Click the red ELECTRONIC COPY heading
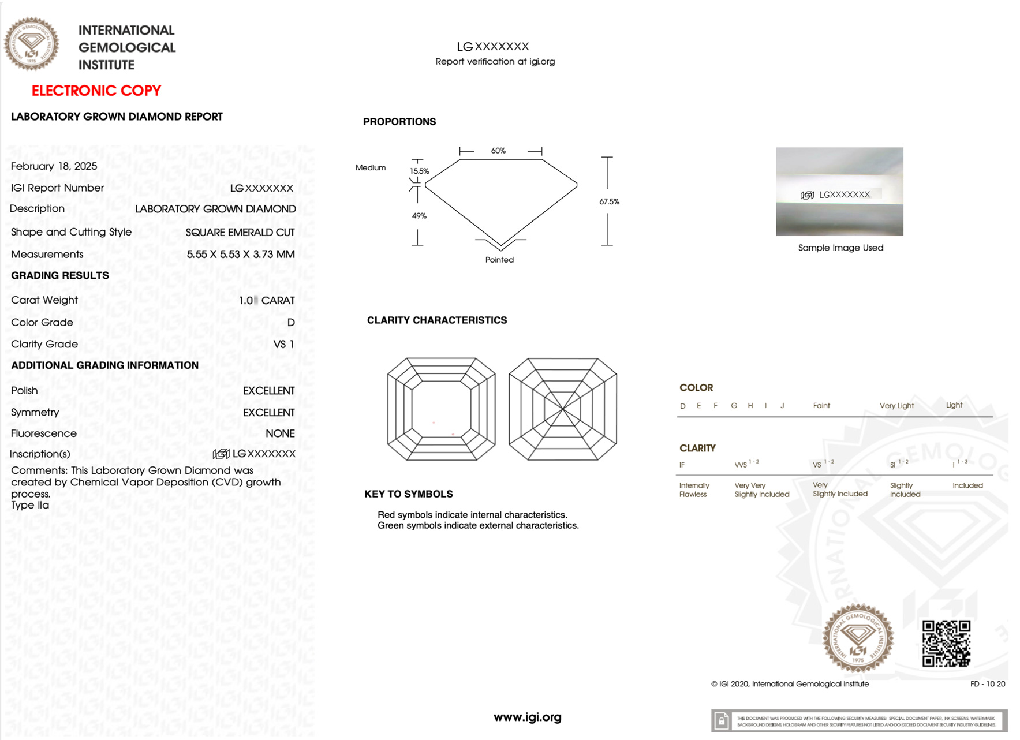click(x=96, y=91)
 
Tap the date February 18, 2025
click(x=54, y=166)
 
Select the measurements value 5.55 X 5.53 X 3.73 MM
click(x=240, y=254)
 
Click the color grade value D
click(x=291, y=323)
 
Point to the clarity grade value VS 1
click(x=283, y=344)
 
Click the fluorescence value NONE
click(x=280, y=433)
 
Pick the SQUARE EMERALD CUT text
click(x=240, y=232)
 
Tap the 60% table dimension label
click(x=498, y=151)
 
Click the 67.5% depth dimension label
click(x=609, y=201)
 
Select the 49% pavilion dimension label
click(x=419, y=216)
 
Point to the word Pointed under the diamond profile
click(x=499, y=260)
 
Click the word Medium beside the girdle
click(x=371, y=167)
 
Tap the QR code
click(x=946, y=643)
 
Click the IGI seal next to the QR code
click(x=858, y=638)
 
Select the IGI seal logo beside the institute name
click(x=32, y=44)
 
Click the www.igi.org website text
click(x=527, y=717)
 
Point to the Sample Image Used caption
click(x=840, y=248)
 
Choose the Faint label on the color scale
click(x=821, y=406)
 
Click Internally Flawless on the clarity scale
click(x=694, y=489)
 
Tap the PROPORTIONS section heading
click(x=399, y=122)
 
